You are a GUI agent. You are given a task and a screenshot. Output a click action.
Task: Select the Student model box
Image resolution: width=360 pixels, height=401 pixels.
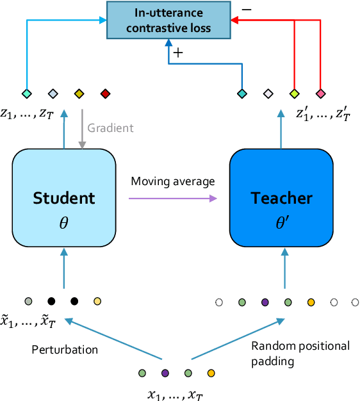click(x=63, y=198)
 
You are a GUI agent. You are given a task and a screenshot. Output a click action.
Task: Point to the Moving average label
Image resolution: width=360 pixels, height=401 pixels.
click(x=172, y=181)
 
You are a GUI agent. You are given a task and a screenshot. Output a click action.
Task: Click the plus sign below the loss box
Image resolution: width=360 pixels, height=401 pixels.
click(x=179, y=54)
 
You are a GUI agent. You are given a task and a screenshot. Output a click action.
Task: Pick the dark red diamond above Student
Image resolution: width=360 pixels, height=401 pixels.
click(x=105, y=94)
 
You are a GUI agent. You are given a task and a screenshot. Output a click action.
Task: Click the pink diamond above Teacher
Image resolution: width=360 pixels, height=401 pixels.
click(x=321, y=94)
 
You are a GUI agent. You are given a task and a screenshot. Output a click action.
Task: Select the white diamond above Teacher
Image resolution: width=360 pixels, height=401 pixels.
click(x=268, y=94)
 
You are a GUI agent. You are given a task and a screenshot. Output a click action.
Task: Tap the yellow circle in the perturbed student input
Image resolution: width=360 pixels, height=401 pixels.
click(x=97, y=300)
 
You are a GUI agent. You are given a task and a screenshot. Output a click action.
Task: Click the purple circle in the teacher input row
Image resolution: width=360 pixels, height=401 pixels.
click(x=265, y=301)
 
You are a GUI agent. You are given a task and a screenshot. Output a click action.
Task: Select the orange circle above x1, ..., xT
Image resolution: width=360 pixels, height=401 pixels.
click(x=211, y=372)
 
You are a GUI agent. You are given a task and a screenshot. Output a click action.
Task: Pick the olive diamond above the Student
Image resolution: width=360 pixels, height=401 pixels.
click(x=79, y=94)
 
